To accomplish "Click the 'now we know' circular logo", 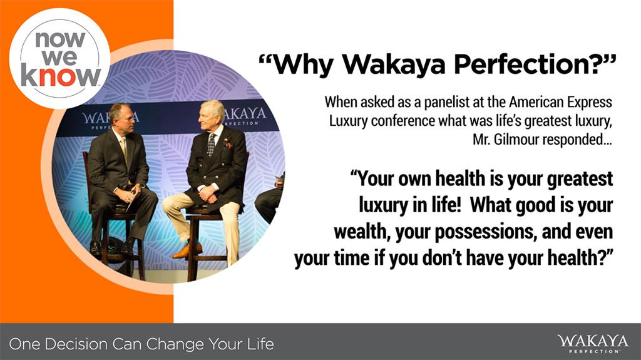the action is click(x=59, y=59).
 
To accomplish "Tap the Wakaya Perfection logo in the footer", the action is click(x=592, y=344).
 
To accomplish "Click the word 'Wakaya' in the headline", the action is click(x=393, y=64).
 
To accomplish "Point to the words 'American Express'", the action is click(x=560, y=102).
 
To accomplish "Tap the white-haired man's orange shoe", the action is click(x=187, y=250).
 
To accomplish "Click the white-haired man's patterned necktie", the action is click(x=211, y=145).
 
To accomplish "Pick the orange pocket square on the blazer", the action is click(x=227, y=144).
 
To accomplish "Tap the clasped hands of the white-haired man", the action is click(x=208, y=193).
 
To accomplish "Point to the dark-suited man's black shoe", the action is click(x=95, y=249).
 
